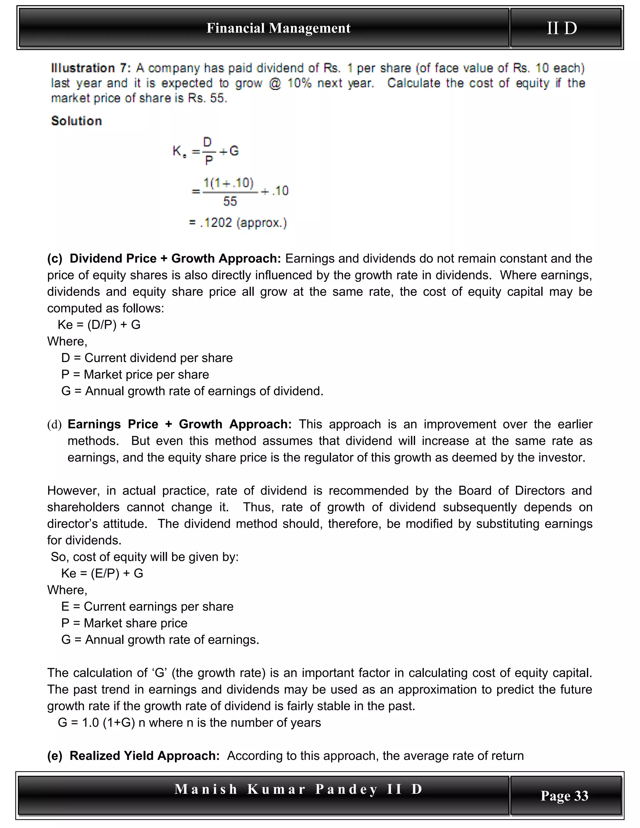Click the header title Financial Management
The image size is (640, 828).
point(278,28)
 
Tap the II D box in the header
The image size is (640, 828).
point(562,28)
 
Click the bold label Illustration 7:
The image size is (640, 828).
point(91,68)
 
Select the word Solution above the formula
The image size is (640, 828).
point(77,121)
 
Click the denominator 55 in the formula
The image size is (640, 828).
point(230,201)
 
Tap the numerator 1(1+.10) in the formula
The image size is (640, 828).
point(228,183)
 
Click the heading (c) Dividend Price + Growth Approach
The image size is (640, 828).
point(164,259)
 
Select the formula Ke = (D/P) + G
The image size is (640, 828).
point(99,325)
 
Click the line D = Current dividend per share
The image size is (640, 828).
point(147,358)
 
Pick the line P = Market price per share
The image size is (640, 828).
point(135,375)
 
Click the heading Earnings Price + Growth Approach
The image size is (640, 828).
point(179,424)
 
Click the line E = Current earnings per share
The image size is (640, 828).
point(147,606)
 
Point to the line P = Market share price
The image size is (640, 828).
point(124,623)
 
